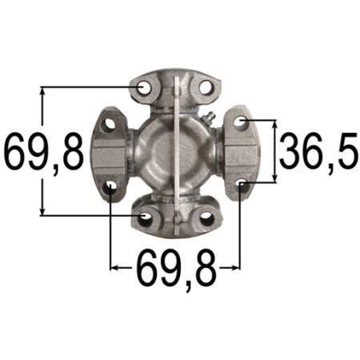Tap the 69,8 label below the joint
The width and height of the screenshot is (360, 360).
174,270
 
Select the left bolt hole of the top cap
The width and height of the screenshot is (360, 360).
145,87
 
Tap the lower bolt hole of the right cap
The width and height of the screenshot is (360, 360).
242,186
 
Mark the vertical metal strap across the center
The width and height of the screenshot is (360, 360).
175,152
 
